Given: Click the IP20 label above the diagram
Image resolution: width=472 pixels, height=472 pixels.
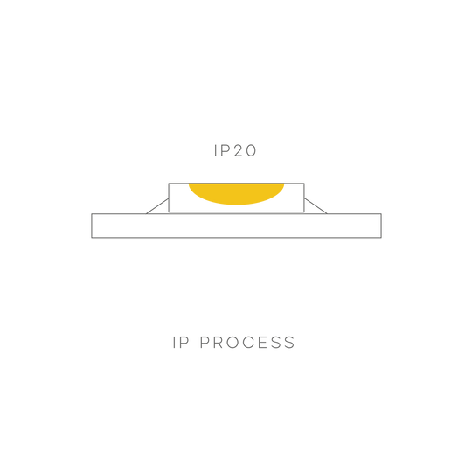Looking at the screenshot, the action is click(235, 150).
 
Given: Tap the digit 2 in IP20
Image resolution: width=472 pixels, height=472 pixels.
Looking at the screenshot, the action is click(238, 150).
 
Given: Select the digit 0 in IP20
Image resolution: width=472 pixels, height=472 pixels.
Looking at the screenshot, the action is click(251, 150).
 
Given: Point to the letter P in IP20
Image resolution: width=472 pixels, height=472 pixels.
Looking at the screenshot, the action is click(226, 150).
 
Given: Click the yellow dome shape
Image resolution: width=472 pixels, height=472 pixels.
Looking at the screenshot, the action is click(236, 192).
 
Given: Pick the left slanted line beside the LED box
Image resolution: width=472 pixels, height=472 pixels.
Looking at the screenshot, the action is click(157, 206).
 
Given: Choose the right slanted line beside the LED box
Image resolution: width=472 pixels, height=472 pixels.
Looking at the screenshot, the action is click(316, 206).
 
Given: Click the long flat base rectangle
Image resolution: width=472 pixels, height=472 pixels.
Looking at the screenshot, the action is click(236, 226).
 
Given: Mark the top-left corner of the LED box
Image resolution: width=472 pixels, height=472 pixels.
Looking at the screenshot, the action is click(169, 184).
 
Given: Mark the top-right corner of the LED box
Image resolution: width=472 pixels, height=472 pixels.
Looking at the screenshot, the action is click(304, 184).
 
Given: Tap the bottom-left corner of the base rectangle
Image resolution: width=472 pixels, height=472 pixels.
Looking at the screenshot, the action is click(92, 238).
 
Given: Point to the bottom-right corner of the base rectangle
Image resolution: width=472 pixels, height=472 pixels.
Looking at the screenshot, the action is click(381, 238).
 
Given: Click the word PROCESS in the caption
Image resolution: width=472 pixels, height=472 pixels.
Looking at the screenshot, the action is click(247, 343).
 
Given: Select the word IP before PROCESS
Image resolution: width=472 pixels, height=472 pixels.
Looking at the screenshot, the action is click(181, 343).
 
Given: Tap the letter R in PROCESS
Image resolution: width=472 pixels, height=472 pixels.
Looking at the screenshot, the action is click(218, 343).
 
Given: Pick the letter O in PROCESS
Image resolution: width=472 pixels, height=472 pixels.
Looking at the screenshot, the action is click(233, 343).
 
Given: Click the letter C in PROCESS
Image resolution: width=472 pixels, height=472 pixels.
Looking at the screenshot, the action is click(248, 343).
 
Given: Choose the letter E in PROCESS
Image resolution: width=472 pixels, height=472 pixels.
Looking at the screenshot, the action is click(262, 343).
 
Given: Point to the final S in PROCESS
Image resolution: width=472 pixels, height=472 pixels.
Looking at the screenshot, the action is click(290, 343).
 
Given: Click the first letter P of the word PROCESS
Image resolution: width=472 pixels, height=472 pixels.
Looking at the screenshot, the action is click(205, 343).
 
